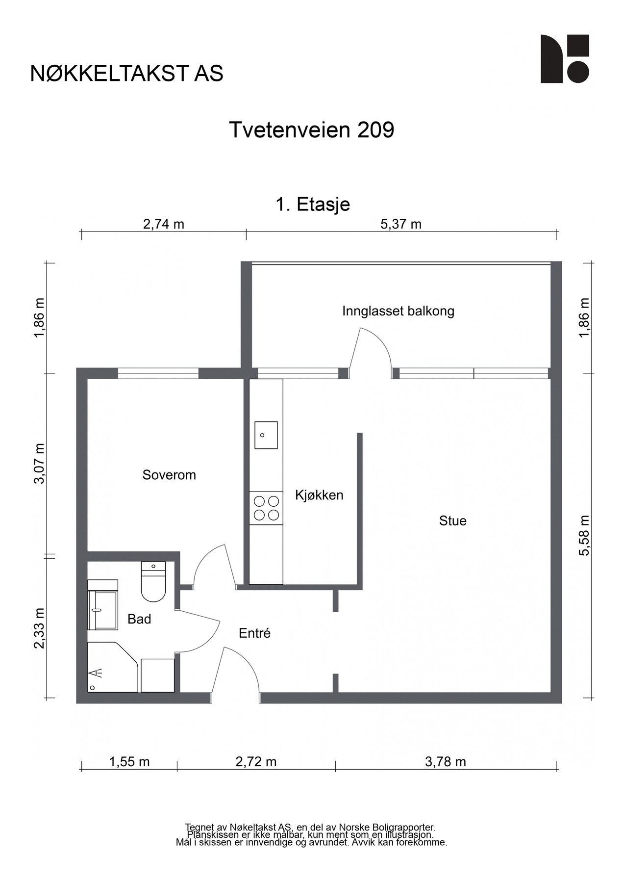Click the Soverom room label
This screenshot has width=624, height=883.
coord(169,475)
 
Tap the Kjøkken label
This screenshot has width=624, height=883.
coord(319,495)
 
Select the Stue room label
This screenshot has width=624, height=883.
coord(452,520)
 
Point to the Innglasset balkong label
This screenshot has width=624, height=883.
coord(398,311)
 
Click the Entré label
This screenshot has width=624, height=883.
coord(254,633)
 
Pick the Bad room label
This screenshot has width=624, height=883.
coord(139,619)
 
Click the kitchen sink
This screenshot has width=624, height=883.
coord(266,435)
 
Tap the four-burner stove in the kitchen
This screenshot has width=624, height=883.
coord(266,508)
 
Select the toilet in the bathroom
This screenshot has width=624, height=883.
coord(153,582)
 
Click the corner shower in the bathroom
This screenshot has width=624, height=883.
coord(113,667)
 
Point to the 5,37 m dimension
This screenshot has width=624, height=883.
coord(401,224)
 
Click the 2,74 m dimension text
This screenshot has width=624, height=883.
coord(164,224)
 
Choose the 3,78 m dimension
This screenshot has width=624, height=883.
coord(446,762)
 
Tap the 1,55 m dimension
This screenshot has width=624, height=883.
coord(129,762)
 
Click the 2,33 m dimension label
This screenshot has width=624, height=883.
coord(39,628)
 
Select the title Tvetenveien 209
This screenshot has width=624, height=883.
coord(312,130)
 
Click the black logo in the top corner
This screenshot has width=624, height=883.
coord(565,59)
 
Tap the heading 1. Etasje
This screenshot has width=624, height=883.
coord(313,204)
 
